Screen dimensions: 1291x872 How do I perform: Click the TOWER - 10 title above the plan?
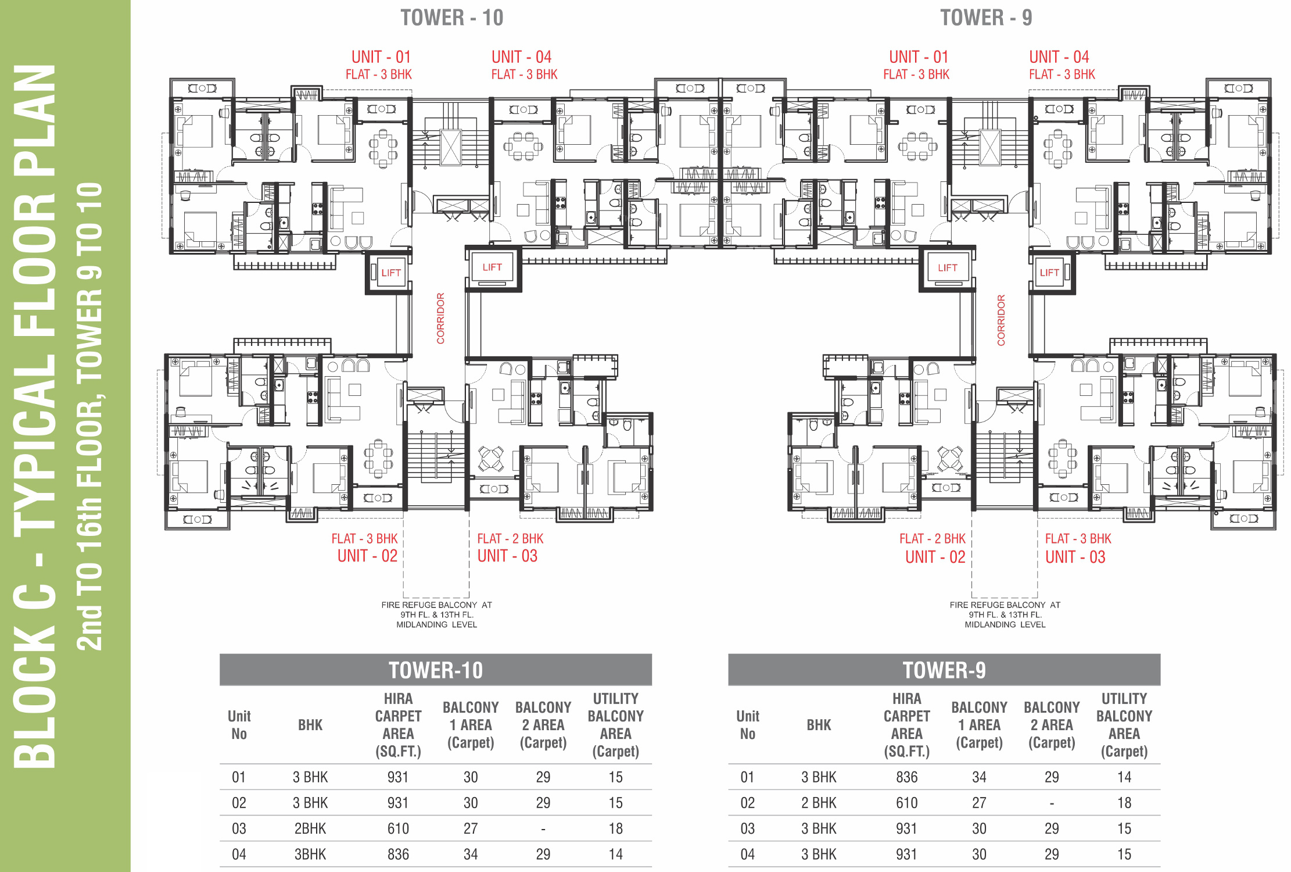point(452,17)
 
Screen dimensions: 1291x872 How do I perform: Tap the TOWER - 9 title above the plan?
point(986,17)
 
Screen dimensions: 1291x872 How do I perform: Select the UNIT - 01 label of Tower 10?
point(381,57)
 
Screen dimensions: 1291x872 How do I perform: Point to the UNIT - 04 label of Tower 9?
point(1059,57)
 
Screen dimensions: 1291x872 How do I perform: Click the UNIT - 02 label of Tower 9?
point(935,557)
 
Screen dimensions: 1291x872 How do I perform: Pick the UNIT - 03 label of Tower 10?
point(507,556)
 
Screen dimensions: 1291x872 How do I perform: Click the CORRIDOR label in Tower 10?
point(440,318)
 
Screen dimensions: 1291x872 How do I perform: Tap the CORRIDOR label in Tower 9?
point(1001,320)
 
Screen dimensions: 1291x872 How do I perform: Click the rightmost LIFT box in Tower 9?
point(1050,272)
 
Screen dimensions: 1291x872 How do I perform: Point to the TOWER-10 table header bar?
point(436,670)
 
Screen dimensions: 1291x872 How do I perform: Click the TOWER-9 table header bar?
point(944,670)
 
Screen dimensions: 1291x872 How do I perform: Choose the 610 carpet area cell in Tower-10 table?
point(398,828)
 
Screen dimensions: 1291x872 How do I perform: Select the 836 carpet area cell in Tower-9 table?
point(907,777)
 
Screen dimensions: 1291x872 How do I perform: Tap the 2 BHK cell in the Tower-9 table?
point(819,803)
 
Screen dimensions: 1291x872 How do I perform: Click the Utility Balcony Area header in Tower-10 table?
point(616,725)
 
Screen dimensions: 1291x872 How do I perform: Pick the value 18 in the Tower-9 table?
point(1124,803)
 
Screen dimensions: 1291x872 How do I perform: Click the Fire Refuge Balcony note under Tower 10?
point(437,614)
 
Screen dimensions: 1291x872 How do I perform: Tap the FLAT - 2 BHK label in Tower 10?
point(510,539)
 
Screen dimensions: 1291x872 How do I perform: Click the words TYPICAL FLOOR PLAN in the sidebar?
point(35,296)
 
